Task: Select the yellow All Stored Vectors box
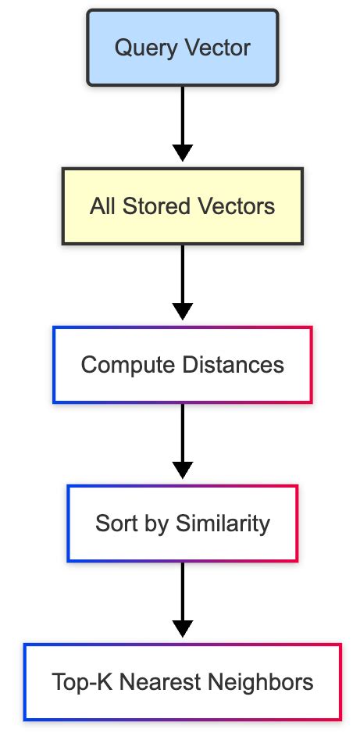point(182,206)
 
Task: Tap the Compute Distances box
point(182,365)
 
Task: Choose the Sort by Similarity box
point(182,523)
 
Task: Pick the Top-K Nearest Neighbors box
point(182,681)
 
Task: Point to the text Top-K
point(77,682)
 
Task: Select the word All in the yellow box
point(102,206)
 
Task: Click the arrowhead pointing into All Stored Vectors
point(182,152)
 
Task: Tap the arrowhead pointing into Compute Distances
point(182,311)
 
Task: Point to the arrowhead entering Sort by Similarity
point(182,470)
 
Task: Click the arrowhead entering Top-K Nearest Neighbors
point(182,627)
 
